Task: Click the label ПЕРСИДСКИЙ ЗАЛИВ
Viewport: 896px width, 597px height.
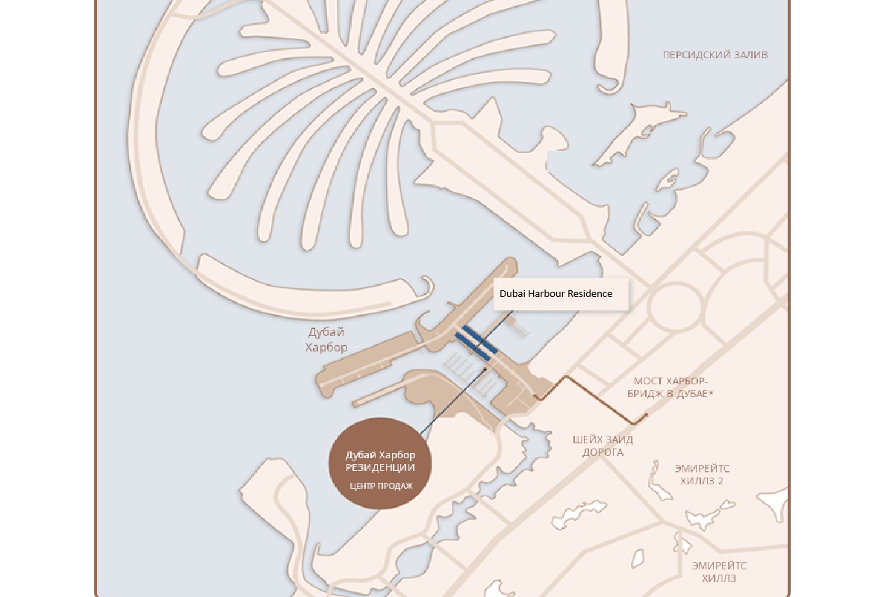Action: [x=715, y=55]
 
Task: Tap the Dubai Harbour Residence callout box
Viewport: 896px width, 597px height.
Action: [x=556, y=294]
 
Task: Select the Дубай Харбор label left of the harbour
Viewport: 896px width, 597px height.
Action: [x=327, y=340]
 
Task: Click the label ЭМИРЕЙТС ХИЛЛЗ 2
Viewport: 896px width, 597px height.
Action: [x=702, y=475]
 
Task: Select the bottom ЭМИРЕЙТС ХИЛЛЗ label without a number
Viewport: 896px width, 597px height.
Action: [x=719, y=572]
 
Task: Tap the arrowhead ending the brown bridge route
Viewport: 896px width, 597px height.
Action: [x=645, y=415]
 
